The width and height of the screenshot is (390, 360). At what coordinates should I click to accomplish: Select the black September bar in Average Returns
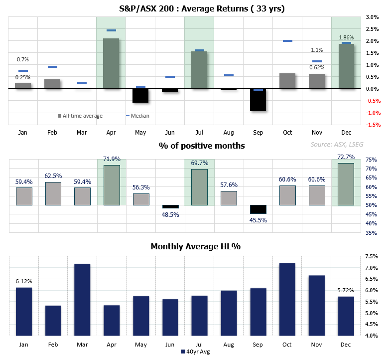coord(258,100)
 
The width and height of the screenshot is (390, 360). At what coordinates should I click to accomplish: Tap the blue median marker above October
coord(287,41)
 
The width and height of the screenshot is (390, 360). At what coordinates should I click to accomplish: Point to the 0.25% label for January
coord(22,77)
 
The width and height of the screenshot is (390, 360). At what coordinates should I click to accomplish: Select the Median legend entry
coord(140,116)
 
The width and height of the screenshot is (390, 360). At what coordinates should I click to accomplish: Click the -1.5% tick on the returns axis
coord(373,125)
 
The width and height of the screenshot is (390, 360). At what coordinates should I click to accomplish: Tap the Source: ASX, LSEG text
coord(337,144)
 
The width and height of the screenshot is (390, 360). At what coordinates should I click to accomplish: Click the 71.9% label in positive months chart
coord(111,158)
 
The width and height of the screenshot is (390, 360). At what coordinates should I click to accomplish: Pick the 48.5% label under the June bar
coord(170,214)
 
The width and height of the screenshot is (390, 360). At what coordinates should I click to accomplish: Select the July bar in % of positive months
coord(199,187)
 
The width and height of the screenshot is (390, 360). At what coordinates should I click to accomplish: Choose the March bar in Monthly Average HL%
coord(82,299)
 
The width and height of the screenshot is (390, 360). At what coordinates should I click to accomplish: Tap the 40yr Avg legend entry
coord(195,351)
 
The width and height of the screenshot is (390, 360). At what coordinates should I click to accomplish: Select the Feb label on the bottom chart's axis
coord(52,344)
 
